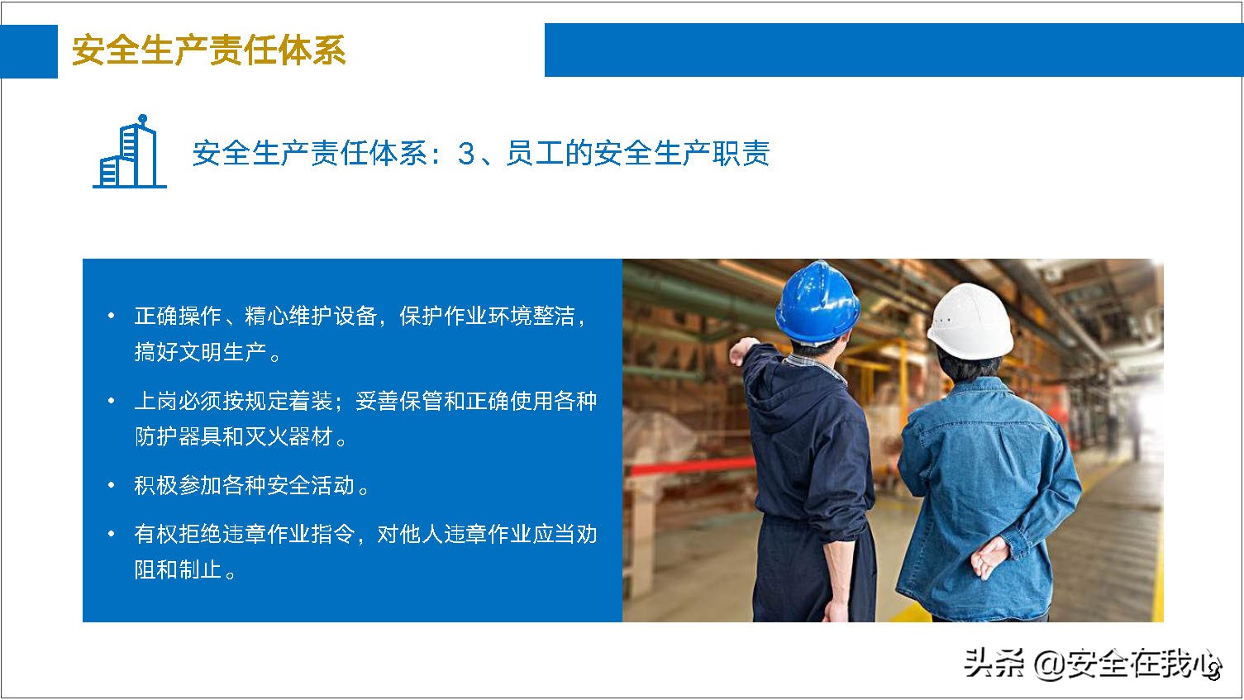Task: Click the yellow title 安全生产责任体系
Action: (208, 50)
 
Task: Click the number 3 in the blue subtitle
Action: (467, 154)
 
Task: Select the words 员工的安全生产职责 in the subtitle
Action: (636, 154)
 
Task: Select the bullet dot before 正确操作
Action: (112, 316)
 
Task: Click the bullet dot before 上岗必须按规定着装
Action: (112, 401)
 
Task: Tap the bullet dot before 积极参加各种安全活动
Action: (112, 485)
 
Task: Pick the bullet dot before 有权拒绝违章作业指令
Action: (112, 534)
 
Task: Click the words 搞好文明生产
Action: (201, 353)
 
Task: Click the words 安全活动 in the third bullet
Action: (310, 485)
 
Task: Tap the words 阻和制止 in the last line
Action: (178, 570)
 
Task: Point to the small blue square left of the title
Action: (29, 51)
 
